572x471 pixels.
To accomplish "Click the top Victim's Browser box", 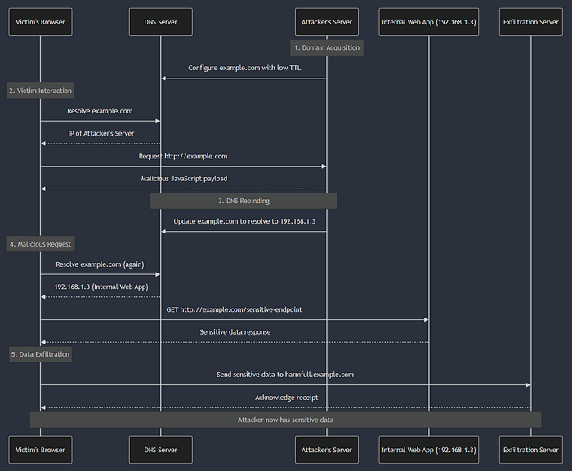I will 40,22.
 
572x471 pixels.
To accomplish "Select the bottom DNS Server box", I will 160,450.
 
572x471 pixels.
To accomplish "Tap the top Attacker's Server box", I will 327,22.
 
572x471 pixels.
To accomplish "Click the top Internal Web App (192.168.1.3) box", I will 429,22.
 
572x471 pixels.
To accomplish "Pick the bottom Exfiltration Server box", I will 530,450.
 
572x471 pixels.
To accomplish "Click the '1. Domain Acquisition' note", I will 327,47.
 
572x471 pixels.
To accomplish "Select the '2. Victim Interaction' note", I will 40,90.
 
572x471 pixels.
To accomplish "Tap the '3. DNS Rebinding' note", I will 244,201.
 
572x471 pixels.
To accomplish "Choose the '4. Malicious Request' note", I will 40,243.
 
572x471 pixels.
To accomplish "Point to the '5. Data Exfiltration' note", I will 40,354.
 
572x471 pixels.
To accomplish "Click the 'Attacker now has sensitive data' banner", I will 285,419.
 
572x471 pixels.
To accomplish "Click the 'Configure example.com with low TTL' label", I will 244,68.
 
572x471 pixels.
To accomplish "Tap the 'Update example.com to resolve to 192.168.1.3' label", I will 244,221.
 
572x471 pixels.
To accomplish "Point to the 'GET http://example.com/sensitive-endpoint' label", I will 235,309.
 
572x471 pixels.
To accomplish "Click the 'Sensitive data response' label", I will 235,332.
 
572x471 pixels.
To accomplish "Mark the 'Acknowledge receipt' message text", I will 285,398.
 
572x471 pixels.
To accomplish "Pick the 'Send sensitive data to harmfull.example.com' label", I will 285,375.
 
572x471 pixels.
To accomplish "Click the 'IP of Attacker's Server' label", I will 101,133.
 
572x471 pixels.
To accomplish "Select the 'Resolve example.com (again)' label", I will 101,264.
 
